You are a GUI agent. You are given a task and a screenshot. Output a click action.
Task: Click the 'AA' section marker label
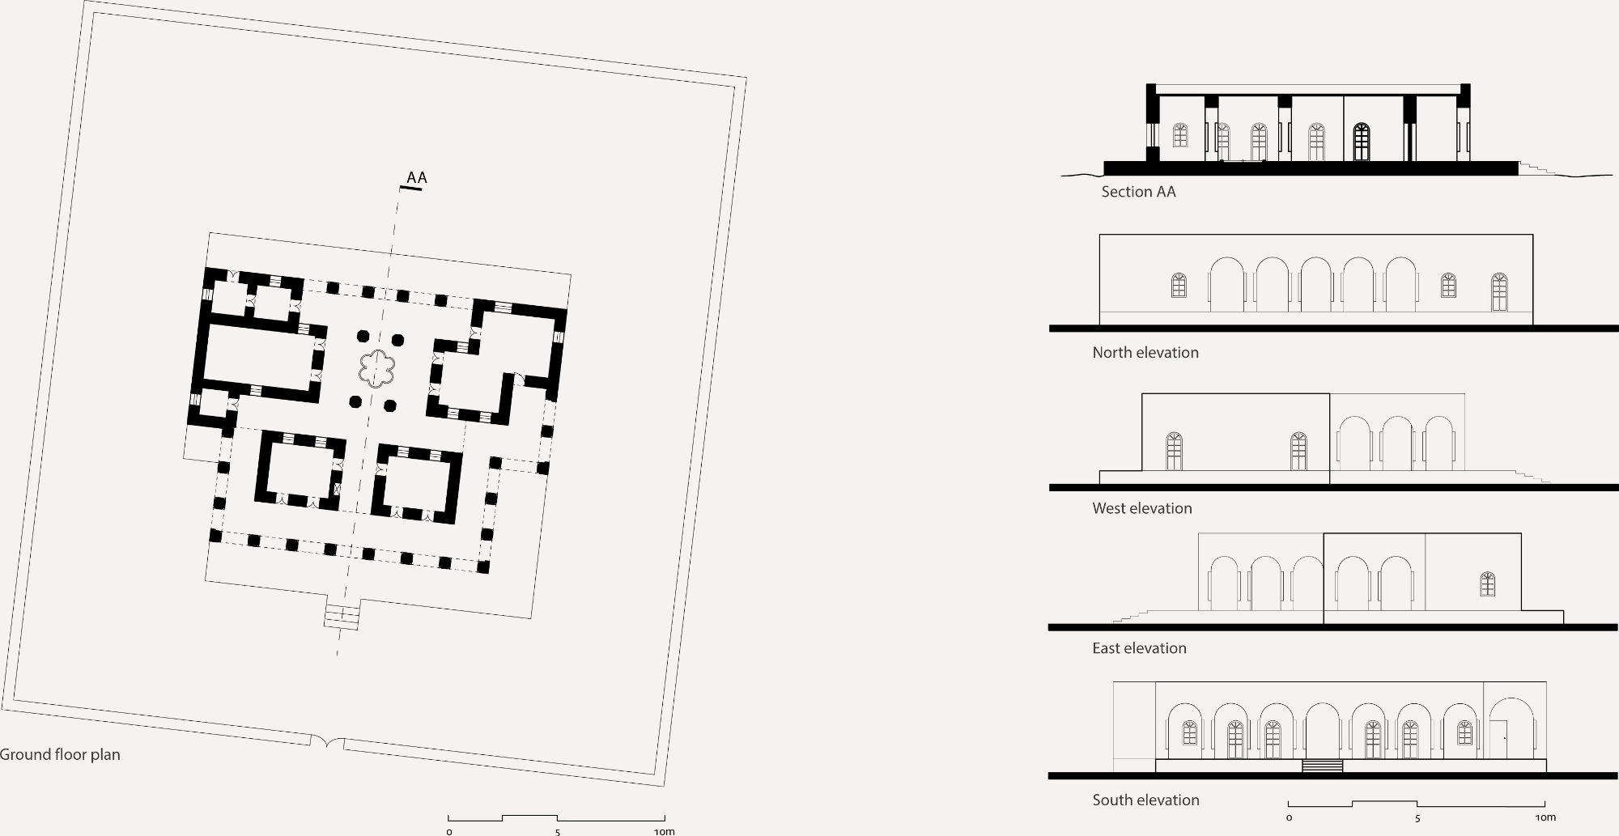(x=416, y=178)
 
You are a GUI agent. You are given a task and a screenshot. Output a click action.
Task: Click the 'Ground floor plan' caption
(x=60, y=755)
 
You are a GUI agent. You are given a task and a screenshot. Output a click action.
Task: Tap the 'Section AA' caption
(x=1138, y=192)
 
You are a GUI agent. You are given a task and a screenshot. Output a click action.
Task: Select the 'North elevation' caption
(x=1145, y=353)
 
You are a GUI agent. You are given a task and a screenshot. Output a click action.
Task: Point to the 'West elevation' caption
(x=1142, y=509)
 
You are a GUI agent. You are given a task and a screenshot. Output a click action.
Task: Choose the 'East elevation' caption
(x=1139, y=648)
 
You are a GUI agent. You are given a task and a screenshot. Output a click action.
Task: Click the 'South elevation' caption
(x=1145, y=800)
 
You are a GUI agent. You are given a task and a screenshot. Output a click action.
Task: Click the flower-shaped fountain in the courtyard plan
(x=377, y=369)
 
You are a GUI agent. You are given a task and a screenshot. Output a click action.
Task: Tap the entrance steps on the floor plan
(x=342, y=617)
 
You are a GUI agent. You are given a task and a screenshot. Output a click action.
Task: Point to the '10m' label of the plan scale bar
(x=664, y=831)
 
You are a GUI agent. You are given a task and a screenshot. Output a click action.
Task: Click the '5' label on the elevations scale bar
(x=1417, y=818)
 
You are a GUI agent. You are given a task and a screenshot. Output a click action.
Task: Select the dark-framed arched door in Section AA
(x=1362, y=142)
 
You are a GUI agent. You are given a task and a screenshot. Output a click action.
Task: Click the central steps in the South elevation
(x=1323, y=766)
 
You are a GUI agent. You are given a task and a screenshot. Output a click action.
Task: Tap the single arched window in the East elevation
(x=1487, y=584)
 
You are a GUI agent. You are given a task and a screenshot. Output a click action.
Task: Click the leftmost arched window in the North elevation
(x=1179, y=286)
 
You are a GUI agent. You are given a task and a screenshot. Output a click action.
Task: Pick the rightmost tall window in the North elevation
(x=1499, y=292)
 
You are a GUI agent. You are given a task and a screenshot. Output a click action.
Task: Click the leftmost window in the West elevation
(x=1174, y=452)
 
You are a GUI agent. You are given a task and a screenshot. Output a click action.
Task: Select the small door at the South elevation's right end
(x=1498, y=740)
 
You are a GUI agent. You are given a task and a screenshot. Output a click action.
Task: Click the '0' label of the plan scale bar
(x=449, y=831)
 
